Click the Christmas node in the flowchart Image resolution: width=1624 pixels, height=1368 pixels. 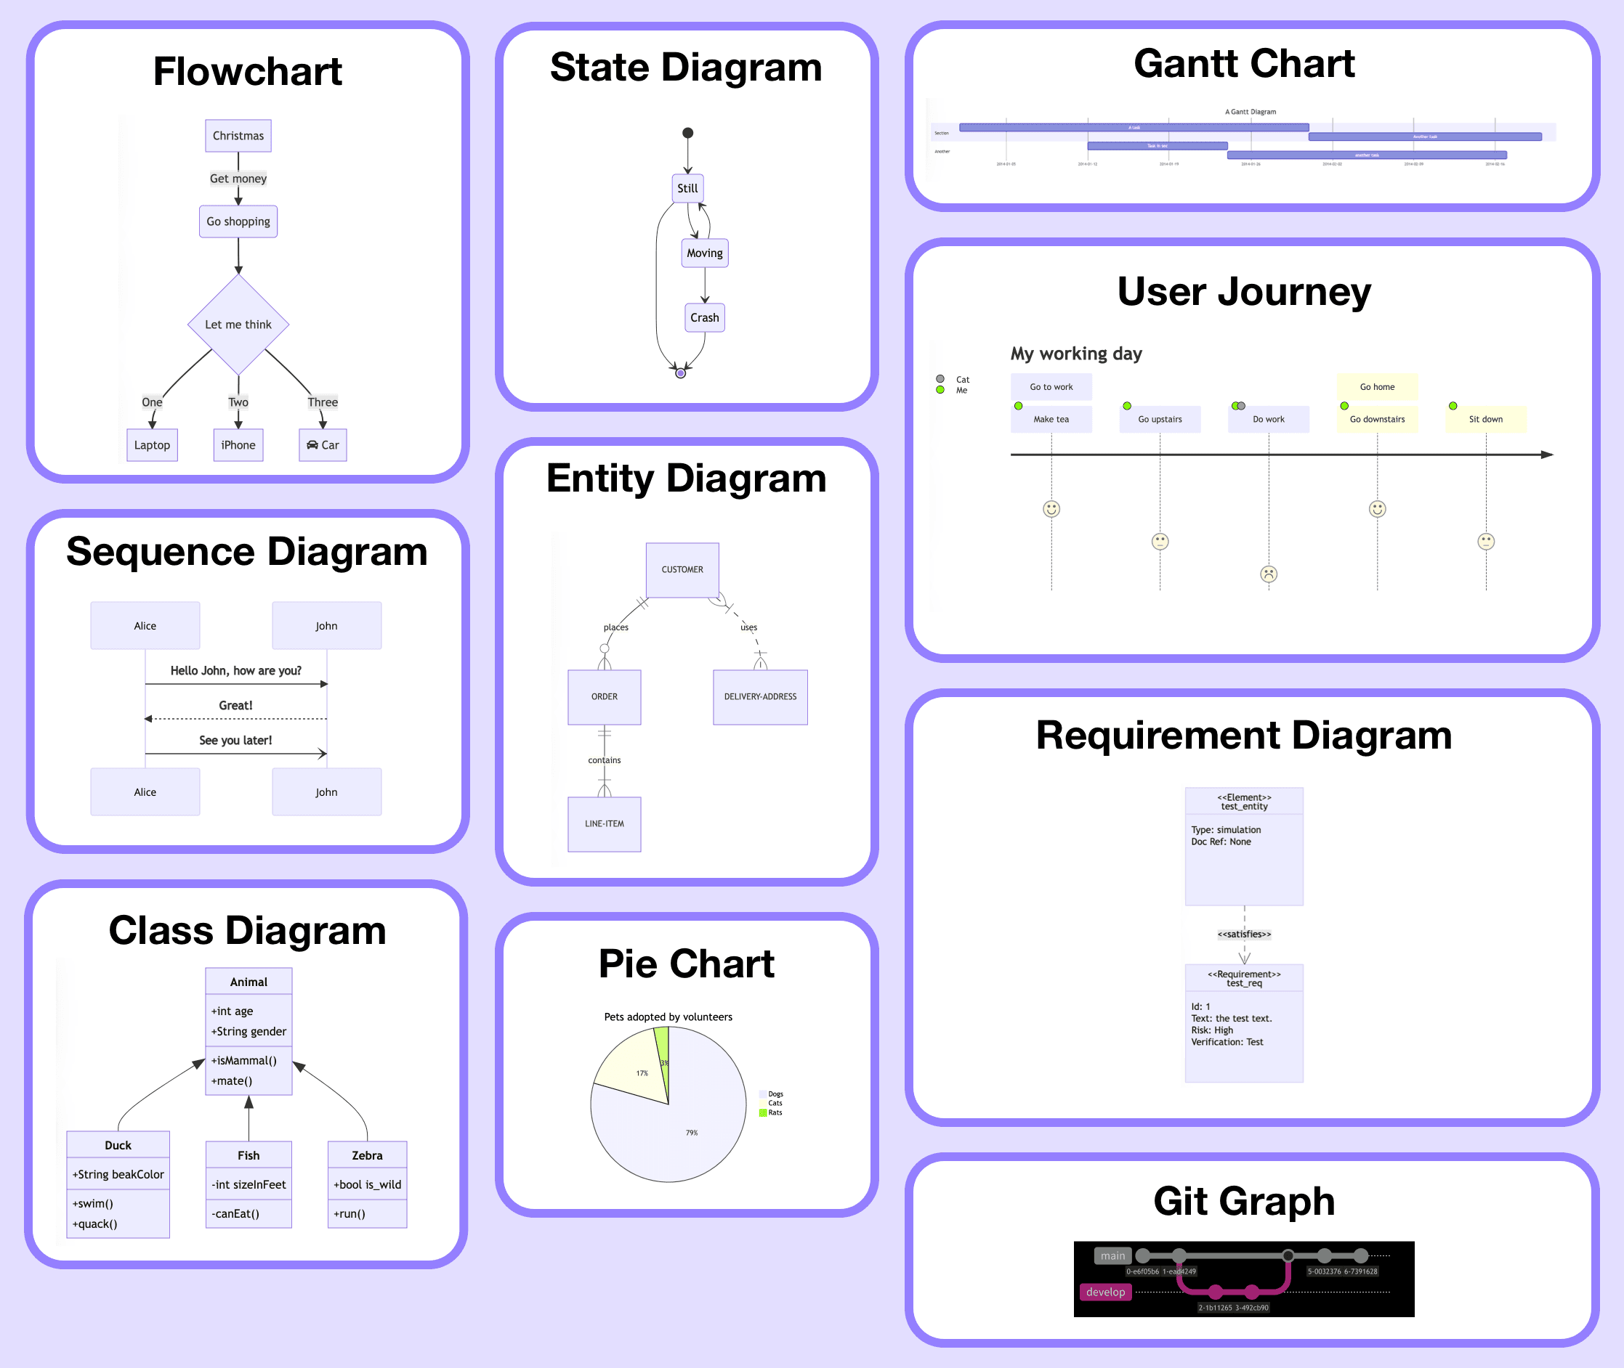click(x=238, y=136)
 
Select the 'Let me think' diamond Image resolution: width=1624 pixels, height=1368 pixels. click(x=238, y=324)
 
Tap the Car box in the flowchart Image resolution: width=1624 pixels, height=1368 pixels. click(x=323, y=445)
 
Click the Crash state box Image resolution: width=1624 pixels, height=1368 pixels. click(x=705, y=317)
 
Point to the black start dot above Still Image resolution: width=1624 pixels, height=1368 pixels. click(x=687, y=134)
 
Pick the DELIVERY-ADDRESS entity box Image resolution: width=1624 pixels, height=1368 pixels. click(x=759, y=696)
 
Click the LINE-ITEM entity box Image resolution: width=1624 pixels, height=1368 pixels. click(x=604, y=823)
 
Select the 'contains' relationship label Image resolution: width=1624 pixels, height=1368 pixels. click(x=604, y=760)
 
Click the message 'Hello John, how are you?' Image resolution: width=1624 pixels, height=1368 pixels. click(x=235, y=671)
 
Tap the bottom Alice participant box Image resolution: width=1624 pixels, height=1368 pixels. click(x=145, y=791)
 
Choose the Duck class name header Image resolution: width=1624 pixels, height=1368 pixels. click(x=118, y=1144)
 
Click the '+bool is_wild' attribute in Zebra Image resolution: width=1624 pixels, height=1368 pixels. click(x=367, y=1184)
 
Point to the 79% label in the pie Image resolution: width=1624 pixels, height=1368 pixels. click(x=691, y=1133)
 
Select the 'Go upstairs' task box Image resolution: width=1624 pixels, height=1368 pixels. click(x=1159, y=419)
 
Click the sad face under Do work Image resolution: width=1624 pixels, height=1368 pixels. click(x=1268, y=574)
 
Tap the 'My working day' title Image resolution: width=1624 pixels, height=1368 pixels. click(x=1075, y=354)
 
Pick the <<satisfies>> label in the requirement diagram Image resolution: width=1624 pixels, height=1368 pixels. click(x=1244, y=935)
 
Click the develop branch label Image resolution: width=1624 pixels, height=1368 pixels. click(x=1105, y=1292)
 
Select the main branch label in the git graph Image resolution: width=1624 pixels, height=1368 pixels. click(x=1112, y=1255)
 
